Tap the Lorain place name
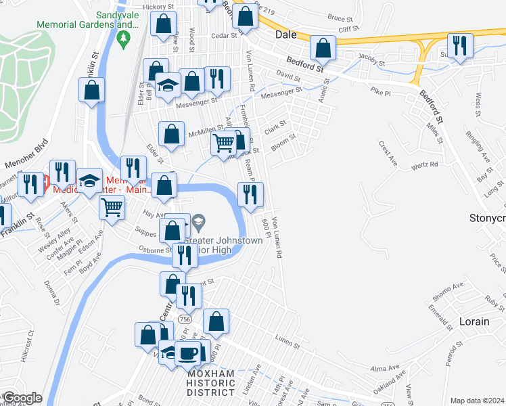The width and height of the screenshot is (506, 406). point(474,321)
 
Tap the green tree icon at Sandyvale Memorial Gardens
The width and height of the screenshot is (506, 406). point(123,41)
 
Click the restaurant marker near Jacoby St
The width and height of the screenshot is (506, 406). point(459,46)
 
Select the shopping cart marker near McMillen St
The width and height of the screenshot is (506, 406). point(224,143)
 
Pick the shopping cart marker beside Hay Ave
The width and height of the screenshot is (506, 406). point(112,206)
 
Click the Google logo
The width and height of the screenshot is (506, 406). point(22,398)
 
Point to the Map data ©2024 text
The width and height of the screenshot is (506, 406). point(476,401)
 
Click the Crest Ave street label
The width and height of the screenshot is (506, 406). point(387,154)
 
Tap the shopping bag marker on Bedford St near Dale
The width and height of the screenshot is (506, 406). point(323,49)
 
